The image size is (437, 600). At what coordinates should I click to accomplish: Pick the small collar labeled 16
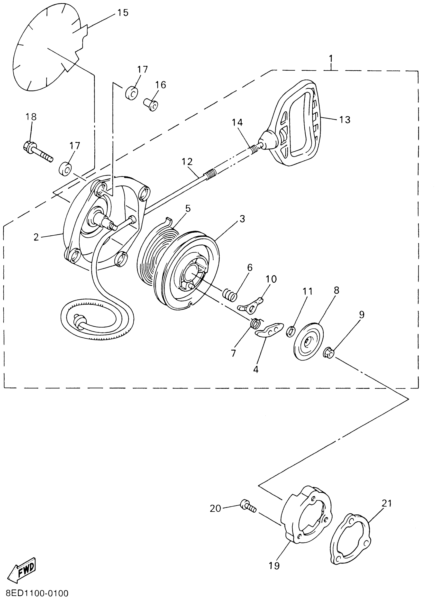[x=151, y=105]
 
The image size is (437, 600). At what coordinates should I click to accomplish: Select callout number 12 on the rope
[x=187, y=162]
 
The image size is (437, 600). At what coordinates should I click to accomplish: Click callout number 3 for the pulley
[x=242, y=219]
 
